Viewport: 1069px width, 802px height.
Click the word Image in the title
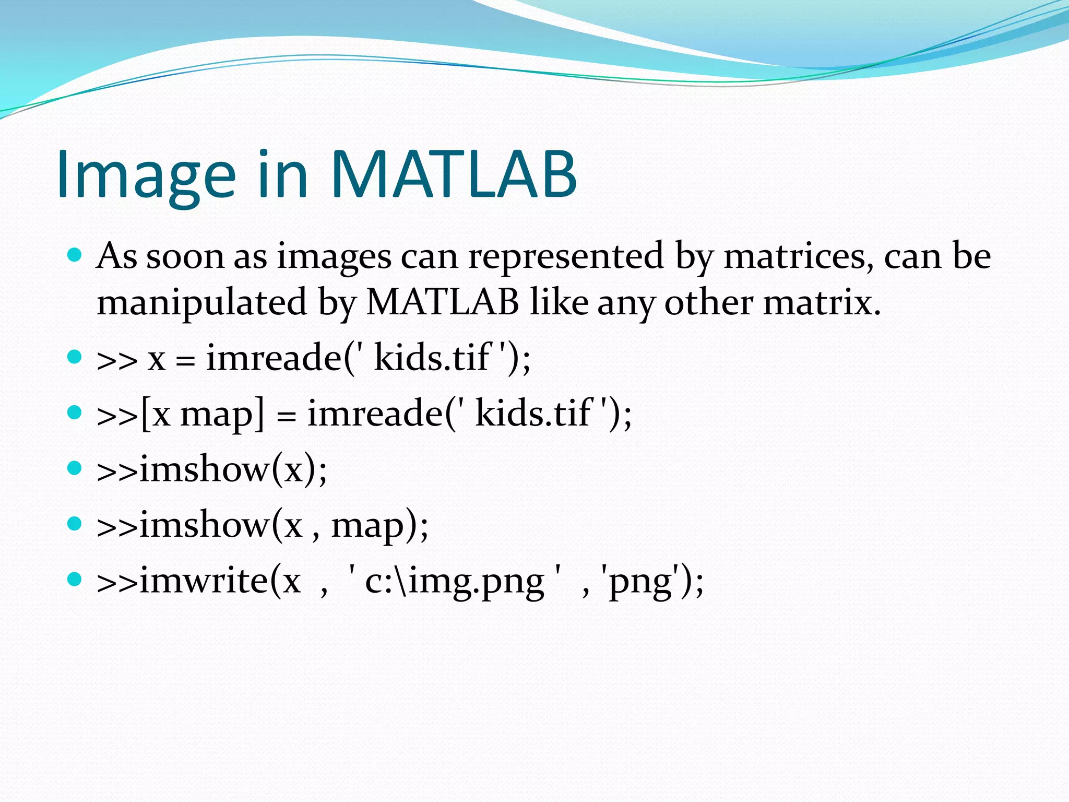coord(146,174)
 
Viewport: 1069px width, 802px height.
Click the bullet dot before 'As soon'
coord(75,255)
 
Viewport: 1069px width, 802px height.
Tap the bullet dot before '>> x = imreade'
coord(75,357)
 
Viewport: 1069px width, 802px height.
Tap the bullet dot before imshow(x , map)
coord(75,524)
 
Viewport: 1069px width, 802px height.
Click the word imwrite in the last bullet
coord(204,581)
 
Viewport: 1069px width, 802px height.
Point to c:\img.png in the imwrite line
coord(454,582)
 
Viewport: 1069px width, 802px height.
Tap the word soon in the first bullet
coord(185,256)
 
